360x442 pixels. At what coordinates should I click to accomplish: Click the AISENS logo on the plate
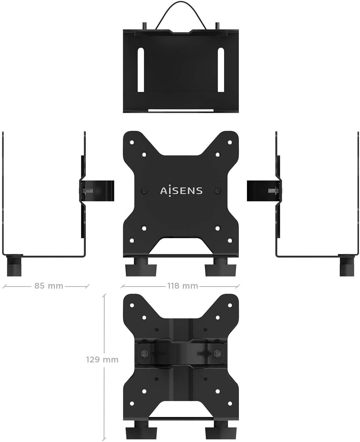pos(181,190)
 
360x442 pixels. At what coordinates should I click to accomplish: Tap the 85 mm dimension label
pos(49,286)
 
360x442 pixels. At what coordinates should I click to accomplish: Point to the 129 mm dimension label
pos(102,359)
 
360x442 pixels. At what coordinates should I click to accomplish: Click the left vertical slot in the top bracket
pos(141,70)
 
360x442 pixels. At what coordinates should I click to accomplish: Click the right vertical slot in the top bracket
pos(221,70)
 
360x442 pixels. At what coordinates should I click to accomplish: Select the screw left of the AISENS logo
pos(144,190)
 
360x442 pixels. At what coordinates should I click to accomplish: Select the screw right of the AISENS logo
pos(217,190)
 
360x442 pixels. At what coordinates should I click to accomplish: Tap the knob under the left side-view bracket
pos(14,266)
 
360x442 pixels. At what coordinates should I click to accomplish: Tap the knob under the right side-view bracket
pos(347,266)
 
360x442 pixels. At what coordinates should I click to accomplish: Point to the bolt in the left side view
pos(88,191)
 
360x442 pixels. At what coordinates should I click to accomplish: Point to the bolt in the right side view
pos(272,191)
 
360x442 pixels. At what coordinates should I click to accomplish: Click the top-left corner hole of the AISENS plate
pos(131,141)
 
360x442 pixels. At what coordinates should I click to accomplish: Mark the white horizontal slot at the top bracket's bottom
pos(181,110)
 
